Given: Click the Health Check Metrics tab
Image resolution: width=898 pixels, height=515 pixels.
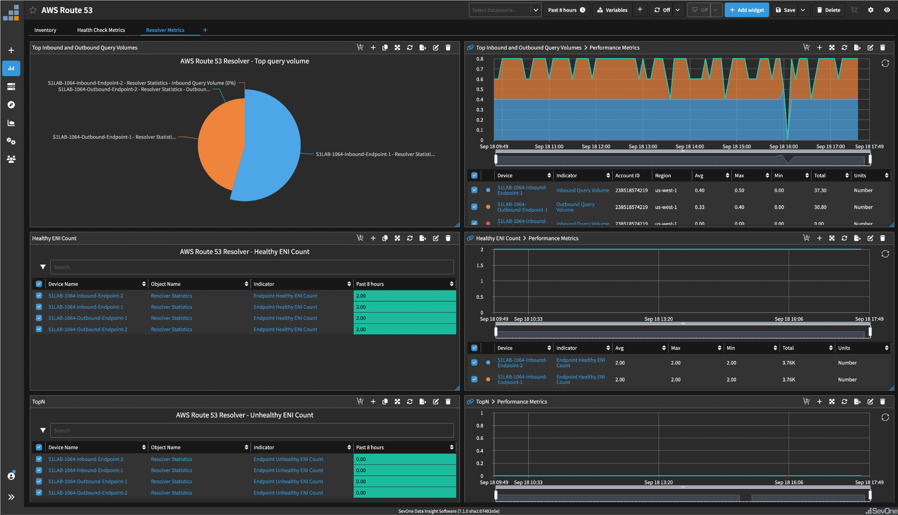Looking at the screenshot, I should point(101,30).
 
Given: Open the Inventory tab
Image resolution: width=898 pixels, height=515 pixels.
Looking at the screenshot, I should point(45,30).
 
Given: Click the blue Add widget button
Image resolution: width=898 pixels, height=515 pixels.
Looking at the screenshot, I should point(746,10).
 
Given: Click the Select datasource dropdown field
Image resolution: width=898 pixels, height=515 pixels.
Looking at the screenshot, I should point(500,10).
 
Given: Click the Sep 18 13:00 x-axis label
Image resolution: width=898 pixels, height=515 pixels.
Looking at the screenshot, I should point(643,146).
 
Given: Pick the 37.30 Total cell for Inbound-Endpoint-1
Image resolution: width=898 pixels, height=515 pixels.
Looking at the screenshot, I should point(820,190).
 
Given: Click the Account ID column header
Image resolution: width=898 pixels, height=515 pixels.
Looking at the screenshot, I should point(627,175).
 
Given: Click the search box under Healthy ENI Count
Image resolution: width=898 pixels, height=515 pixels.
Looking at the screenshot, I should point(251,267).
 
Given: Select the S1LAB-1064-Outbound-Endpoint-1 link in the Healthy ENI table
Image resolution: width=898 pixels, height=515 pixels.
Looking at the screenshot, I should point(88,318).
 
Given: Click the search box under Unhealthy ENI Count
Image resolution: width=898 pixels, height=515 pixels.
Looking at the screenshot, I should point(251,430).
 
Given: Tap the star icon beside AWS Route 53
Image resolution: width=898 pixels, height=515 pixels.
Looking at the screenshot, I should point(33,10).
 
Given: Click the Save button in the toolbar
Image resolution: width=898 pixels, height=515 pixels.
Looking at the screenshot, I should point(785,10).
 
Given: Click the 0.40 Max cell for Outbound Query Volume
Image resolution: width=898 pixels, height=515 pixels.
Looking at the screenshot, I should point(739,207).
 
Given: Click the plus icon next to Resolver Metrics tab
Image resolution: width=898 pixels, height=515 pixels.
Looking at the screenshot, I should point(205,30).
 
